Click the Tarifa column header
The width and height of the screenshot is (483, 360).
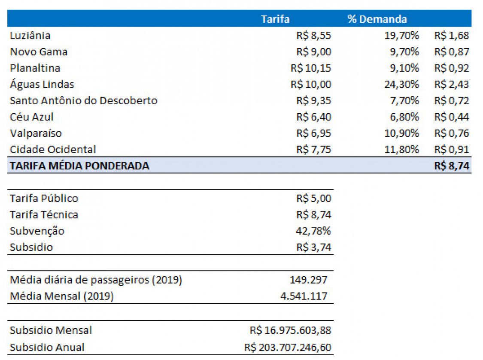(275, 19)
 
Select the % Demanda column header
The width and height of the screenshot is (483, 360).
(377, 19)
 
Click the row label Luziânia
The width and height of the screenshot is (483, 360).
(30, 36)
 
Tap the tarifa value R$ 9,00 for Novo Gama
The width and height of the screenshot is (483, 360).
(313, 52)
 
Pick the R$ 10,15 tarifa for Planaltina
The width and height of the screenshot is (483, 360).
(310, 68)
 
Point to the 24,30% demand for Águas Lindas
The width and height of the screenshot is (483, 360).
(401, 85)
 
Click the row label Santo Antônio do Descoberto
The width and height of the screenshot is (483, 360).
(83, 101)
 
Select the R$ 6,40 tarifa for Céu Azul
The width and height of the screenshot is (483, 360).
(313, 117)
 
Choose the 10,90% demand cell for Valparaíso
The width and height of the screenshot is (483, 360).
(401, 133)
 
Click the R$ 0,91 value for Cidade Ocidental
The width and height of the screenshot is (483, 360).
(452, 150)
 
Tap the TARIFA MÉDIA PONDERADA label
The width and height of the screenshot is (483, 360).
(79, 166)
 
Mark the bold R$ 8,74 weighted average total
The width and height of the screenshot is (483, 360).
(452, 166)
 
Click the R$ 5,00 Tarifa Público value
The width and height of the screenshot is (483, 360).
(313, 199)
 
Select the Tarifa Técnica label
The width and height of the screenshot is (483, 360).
(44, 215)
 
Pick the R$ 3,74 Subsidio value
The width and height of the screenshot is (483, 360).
(313, 248)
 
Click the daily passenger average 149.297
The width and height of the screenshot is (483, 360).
(308, 280)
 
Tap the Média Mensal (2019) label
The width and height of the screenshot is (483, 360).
(61, 296)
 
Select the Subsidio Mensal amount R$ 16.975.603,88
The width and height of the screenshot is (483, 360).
(290, 330)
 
